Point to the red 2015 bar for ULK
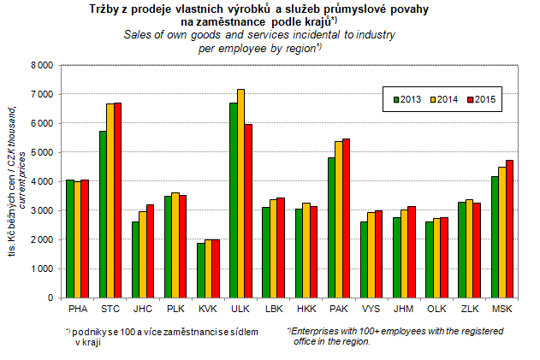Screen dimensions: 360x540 click(249, 210)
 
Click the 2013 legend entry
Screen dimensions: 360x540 click(402, 100)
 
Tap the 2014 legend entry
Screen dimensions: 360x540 click(441, 100)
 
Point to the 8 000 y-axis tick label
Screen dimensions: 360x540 click(41, 65)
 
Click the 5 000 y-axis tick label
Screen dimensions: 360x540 click(41, 152)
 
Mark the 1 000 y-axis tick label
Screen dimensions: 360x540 click(41, 269)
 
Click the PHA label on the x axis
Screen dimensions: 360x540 click(76, 306)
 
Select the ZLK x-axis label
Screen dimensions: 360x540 click(470, 306)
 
